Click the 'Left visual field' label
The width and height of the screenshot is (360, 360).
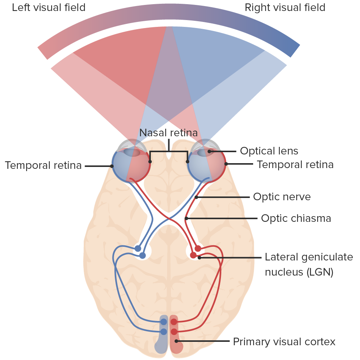tap(49, 8)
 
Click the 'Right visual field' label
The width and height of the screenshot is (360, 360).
tap(285, 8)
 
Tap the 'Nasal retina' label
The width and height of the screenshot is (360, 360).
tap(169, 133)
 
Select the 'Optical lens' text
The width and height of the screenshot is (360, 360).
tap(269, 151)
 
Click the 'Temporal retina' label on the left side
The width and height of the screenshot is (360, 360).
tap(43, 165)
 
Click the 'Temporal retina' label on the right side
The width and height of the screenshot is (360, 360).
tap(295, 165)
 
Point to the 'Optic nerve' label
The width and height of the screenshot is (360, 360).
tap(282, 197)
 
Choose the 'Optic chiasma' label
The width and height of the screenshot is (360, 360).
tap(296, 218)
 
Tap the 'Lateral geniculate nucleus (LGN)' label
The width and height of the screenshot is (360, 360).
tap(308, 265)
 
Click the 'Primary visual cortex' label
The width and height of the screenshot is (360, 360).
tap(284, 342)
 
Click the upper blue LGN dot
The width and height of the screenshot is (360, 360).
tap(138, 248)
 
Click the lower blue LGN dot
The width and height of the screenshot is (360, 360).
tap(142, 256)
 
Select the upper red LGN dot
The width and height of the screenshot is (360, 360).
tap(198, 248)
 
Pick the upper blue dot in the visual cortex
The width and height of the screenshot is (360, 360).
tap(164, 322)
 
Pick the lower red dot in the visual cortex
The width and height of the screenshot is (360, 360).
tap(174, 332)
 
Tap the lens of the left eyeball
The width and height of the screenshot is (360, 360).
tap(131, 152)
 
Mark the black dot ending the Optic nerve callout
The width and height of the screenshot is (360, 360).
tap(196, 197)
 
